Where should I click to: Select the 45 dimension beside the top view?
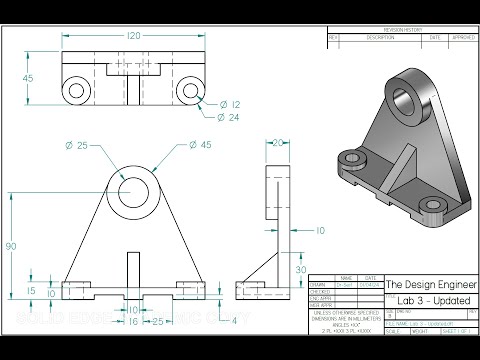tap(28, 78)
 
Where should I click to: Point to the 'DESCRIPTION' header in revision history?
tap(380, 37)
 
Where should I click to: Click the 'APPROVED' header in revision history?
tap(463, 37)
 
